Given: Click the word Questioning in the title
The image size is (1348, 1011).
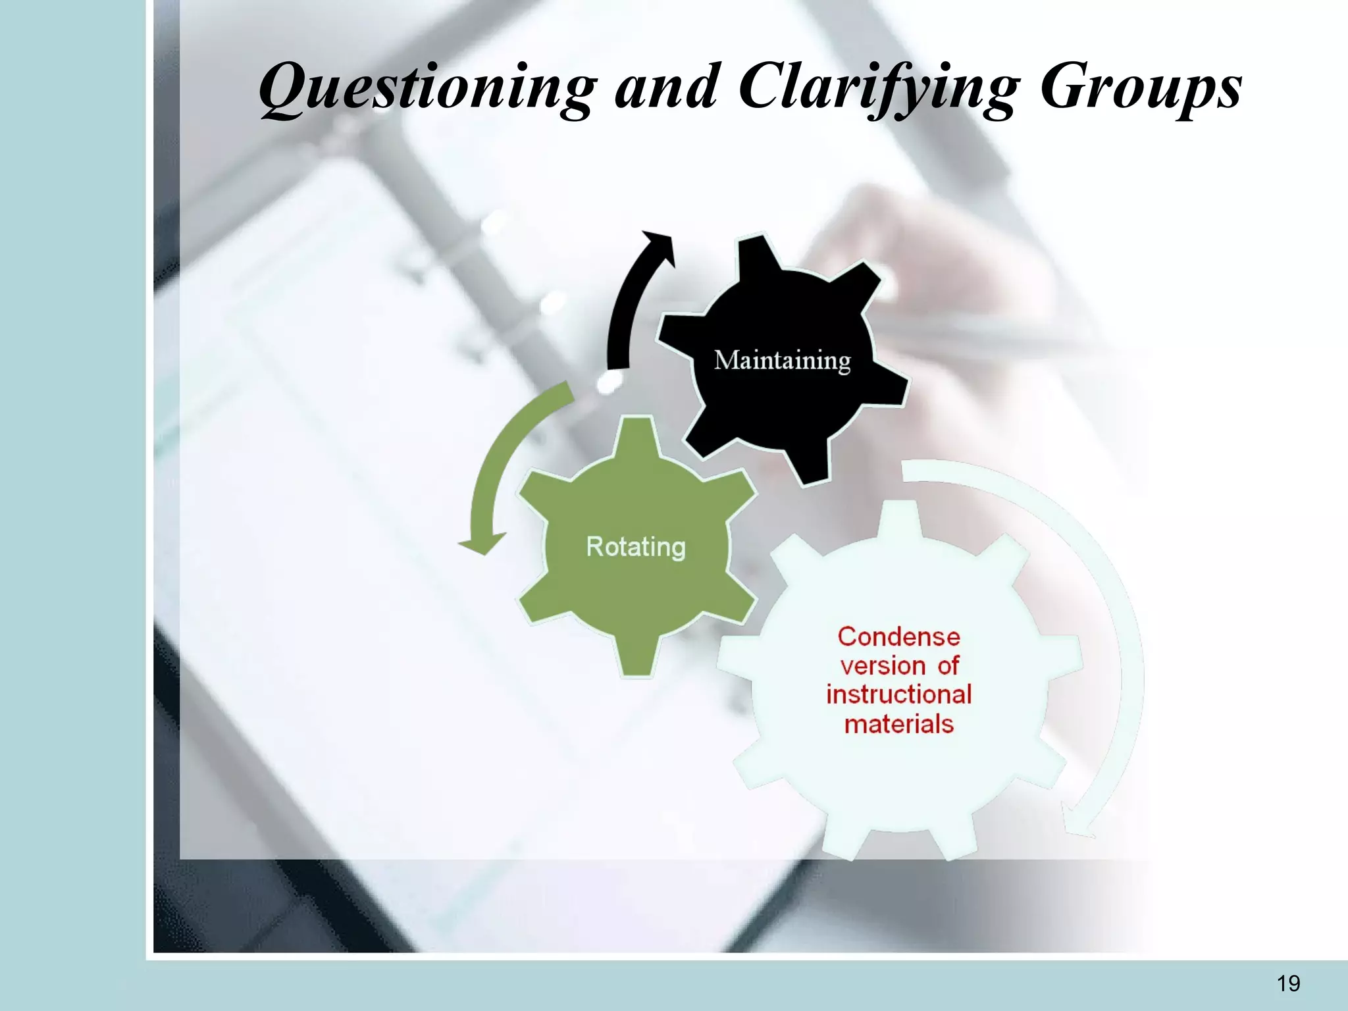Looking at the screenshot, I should pos(428,89).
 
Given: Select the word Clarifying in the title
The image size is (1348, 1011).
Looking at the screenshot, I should pos(879,89).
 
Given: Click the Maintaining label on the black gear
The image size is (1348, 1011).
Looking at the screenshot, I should pos(783,361).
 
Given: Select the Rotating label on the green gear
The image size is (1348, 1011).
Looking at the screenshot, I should pos(636,547).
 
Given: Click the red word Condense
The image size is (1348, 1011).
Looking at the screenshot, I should pos(898,636).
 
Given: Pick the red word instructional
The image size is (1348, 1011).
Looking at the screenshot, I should pos(898,694).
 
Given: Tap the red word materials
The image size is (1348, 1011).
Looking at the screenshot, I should pos(898,724).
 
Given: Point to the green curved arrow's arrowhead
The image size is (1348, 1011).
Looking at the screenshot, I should pos(482,543).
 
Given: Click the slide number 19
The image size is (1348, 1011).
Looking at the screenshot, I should pos(1288,983).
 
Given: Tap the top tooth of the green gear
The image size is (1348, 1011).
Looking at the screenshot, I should pos(636,438).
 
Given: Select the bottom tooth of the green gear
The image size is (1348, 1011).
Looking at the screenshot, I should pos(636,658).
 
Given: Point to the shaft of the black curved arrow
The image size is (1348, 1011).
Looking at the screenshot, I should pos(622,316).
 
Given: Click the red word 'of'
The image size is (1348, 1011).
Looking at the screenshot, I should pos(948,665).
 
